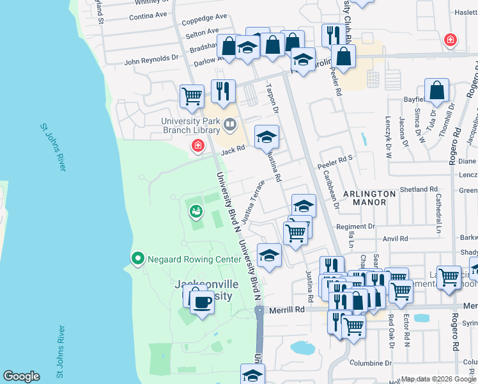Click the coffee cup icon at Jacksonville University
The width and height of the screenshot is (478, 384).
[x=203, y=301]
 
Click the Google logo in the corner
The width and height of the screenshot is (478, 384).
[x=21, y=376]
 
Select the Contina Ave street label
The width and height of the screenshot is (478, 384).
[x=148, y=14]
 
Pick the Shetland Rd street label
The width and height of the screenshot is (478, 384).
[x=419, y=190]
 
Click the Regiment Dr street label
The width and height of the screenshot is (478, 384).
[x=355, y=227]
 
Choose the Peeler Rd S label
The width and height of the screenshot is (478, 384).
[x=335, y=166]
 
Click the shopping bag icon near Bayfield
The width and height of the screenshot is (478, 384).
[x=436, y=91]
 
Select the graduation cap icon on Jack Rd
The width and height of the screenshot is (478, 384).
[x=267, y=136]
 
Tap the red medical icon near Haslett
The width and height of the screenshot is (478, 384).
[x=451, y=40]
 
